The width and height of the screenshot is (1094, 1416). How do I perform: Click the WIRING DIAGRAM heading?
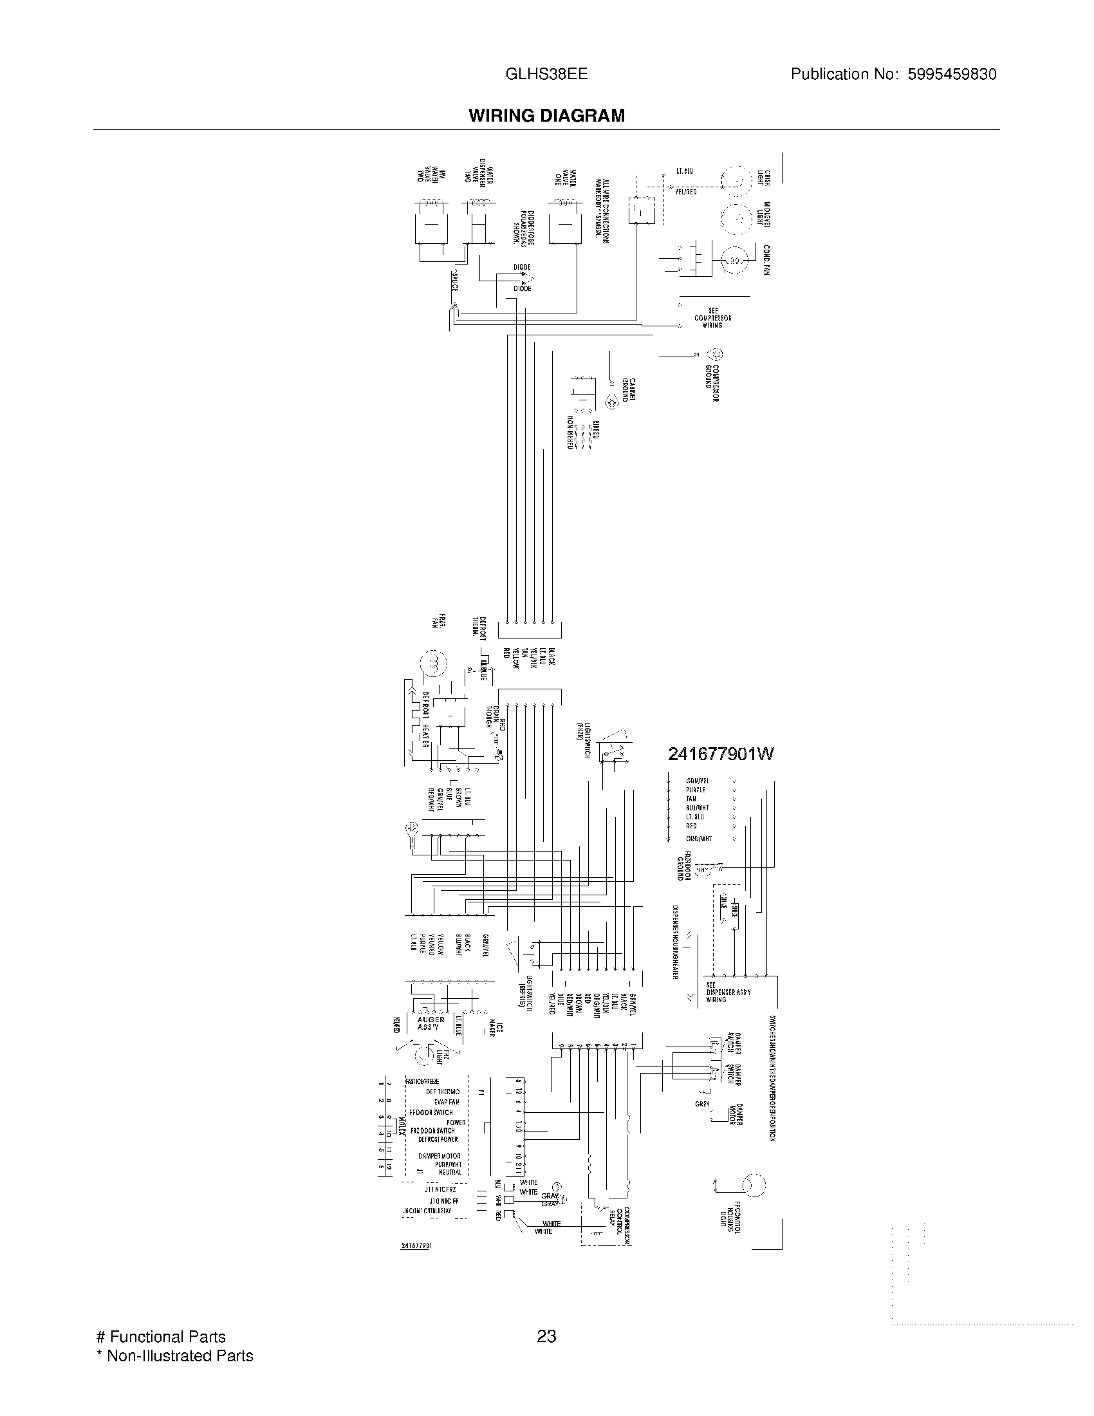546,115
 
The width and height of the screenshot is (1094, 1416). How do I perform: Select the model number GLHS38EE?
546,74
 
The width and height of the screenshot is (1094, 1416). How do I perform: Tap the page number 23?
546,1336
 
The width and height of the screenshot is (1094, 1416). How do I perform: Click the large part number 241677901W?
721,754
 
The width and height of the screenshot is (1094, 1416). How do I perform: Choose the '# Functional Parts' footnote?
161,1337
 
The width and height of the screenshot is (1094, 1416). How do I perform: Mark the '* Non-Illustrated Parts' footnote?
174,1355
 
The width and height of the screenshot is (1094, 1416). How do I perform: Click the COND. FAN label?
766,260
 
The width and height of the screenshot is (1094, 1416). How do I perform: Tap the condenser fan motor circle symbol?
736,260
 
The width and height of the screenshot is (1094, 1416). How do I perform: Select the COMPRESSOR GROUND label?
713,384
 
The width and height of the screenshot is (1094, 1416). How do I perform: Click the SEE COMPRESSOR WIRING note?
712,318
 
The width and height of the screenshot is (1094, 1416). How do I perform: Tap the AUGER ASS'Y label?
431,1023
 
